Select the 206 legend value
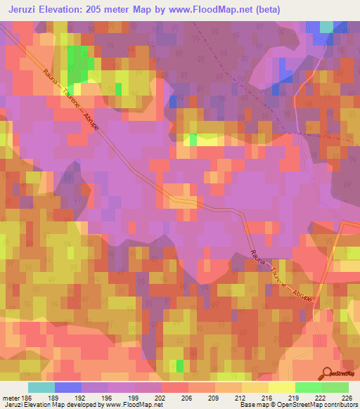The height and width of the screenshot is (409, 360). (x=186, y=397)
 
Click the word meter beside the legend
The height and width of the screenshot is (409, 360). (x=10, y=397)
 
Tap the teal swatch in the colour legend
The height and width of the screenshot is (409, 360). (x=41, y=387)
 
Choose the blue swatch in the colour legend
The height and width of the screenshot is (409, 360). (x=67, y=387)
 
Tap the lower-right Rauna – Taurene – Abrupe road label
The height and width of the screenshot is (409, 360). (x=282, y=276)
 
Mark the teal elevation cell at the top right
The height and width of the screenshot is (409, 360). (x=326, y=27)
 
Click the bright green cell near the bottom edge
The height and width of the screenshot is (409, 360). (x=180, y=365)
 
